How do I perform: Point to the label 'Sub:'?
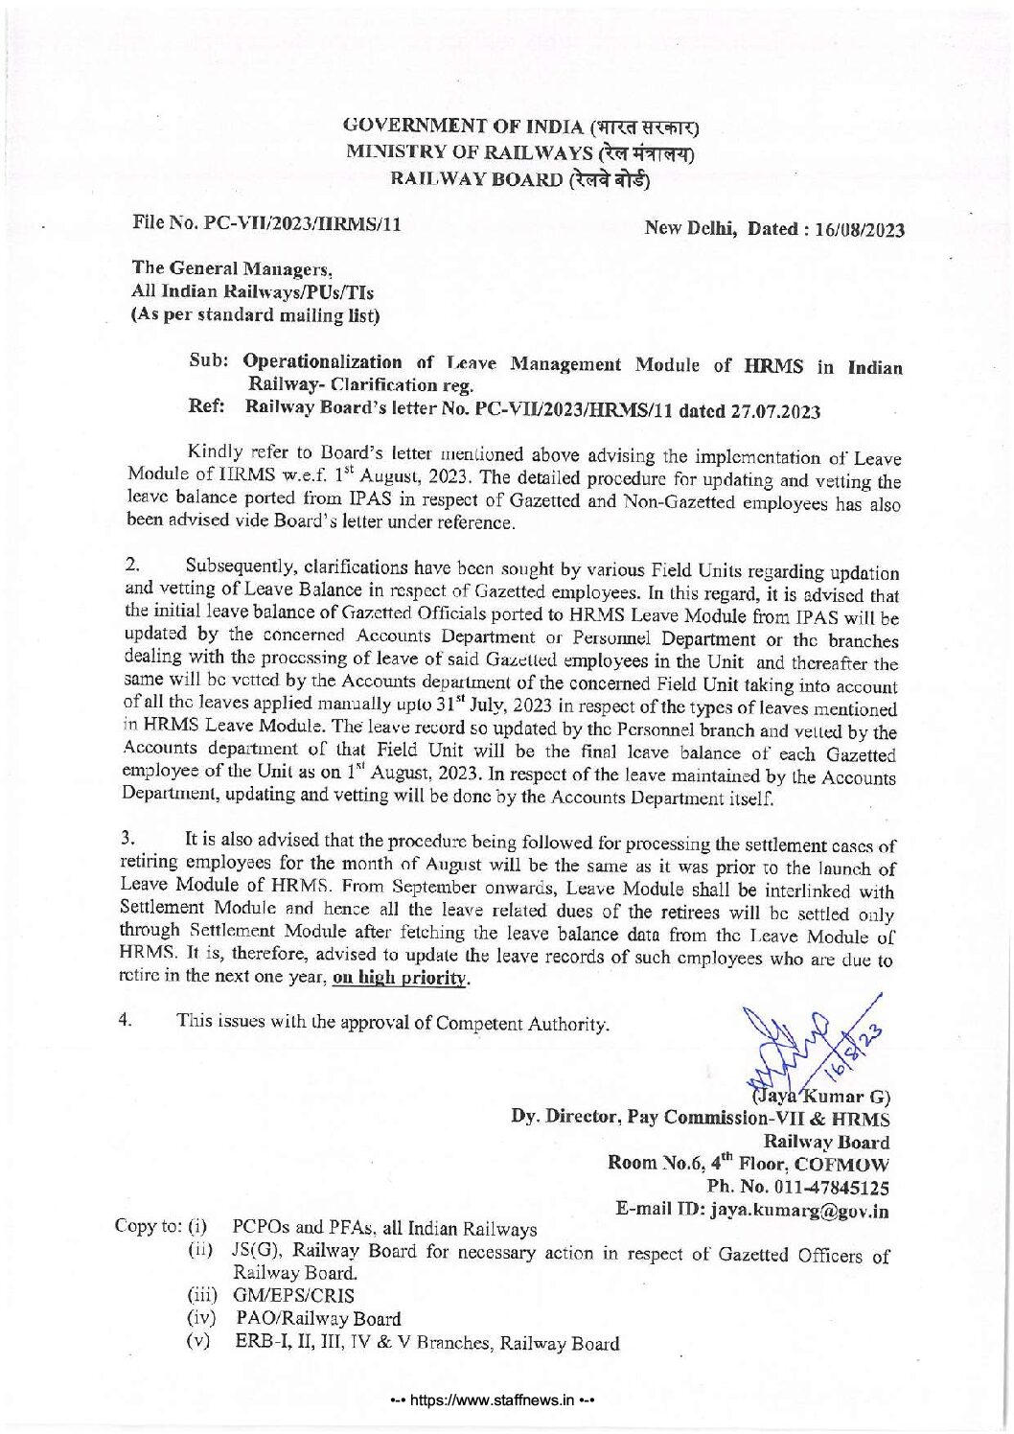coord(209,361)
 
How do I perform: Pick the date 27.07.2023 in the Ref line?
coord(777,413)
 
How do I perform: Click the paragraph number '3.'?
coord(134,839)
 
